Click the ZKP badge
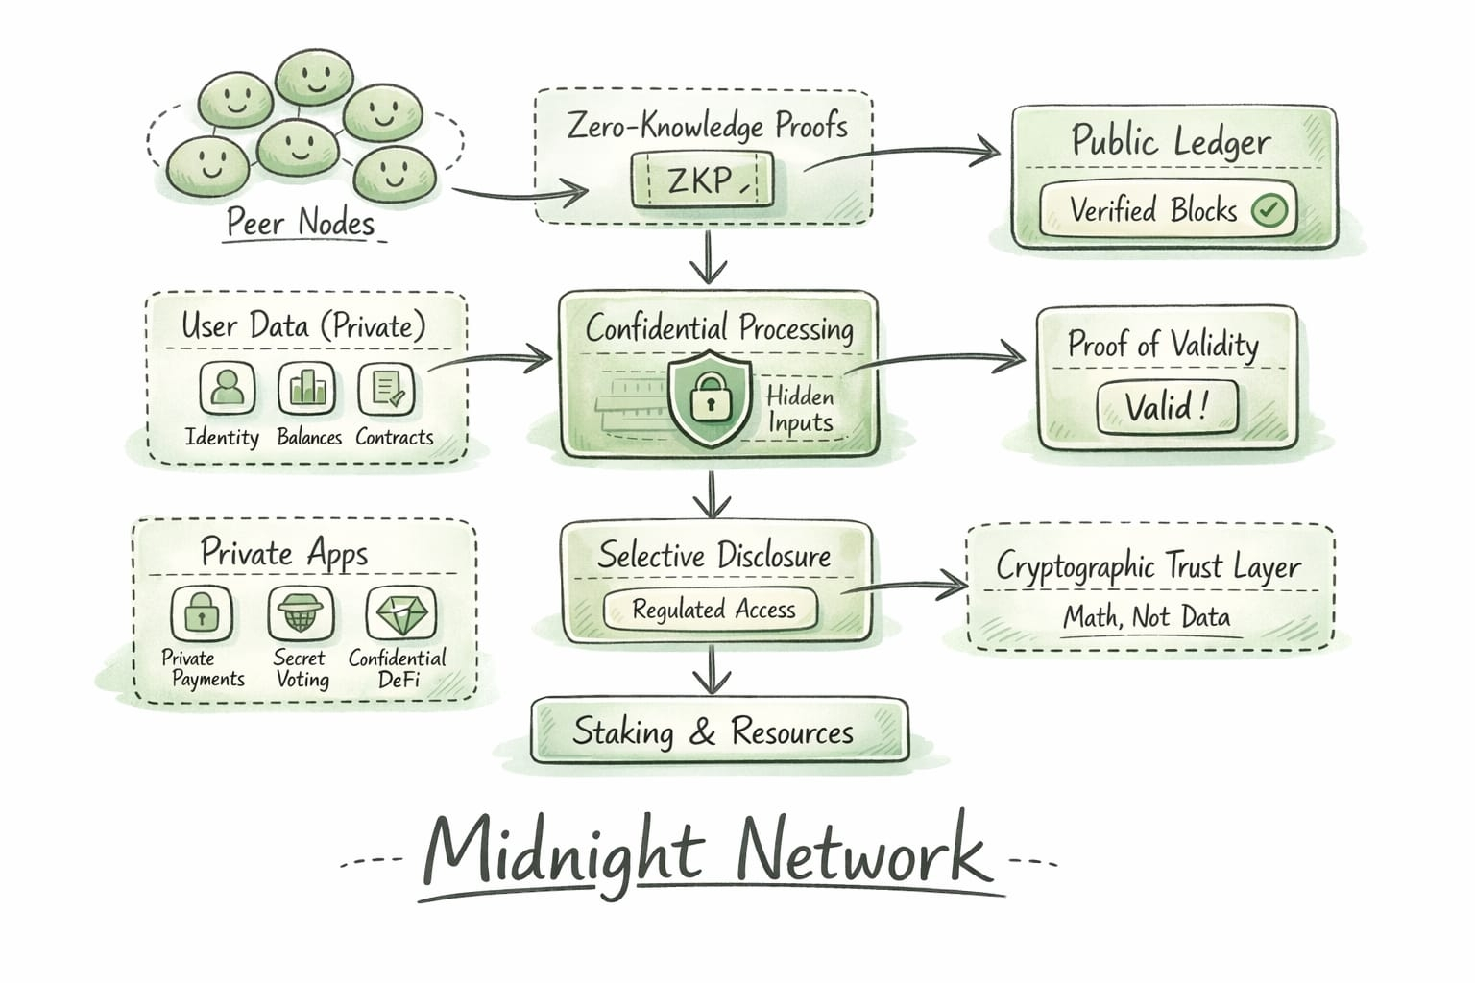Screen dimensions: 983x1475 coord(702,180)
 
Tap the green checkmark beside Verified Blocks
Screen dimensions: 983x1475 coord(1269,209)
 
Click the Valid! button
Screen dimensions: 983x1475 coord(1167,407)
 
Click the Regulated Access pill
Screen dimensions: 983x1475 coord(713,610)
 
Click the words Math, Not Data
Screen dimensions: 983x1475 coord(1147,616)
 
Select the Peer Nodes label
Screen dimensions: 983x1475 coord(300,223)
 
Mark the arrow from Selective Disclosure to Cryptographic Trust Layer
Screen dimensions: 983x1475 coord(907,584)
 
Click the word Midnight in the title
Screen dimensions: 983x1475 coord(564,851)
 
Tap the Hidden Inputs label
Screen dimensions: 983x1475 coord(799,409)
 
